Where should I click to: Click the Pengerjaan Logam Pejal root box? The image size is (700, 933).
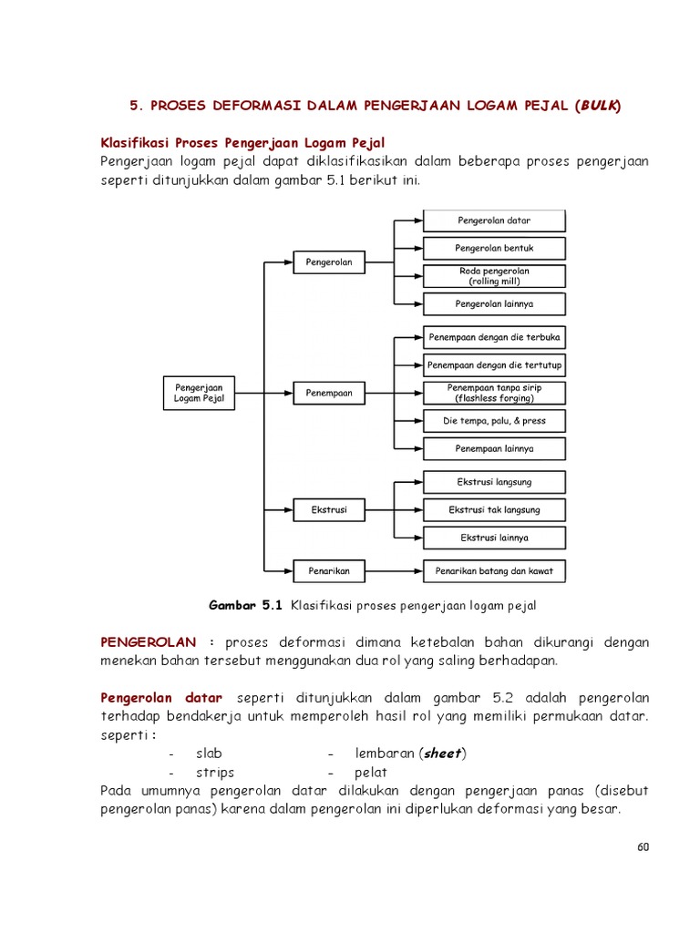pyautogui.click(x=199, y=393)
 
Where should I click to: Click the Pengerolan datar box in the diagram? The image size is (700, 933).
pyautogui.click(x=494, y=220)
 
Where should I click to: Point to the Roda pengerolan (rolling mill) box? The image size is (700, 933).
pyautogui.click(x=494, y=276)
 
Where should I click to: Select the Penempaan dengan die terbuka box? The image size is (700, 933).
pyautogui.click(x=494, y=337)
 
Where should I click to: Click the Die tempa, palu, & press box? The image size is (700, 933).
pyautogui.click(x=494, y=421)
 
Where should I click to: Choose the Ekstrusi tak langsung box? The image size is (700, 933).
pyautogui.click(x=494, y=509)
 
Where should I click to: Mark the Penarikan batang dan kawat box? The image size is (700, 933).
pyautogui.click(x=494, y=571)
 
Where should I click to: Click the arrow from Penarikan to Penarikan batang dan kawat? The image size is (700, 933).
pyautogui.click(x=393, y=571)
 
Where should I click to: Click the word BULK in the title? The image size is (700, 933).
pyautogui.click(x=598, y=106)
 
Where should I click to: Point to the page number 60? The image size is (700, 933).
pyautogui.click(x=643, y=846)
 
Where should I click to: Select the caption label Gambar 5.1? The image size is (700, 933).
pyautogui.click(x=247, y=604)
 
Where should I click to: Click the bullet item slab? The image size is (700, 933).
pyautogui.click(x=209, y=754)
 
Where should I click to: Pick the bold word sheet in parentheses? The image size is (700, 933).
pyautogui.click(x=442, y=754)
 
